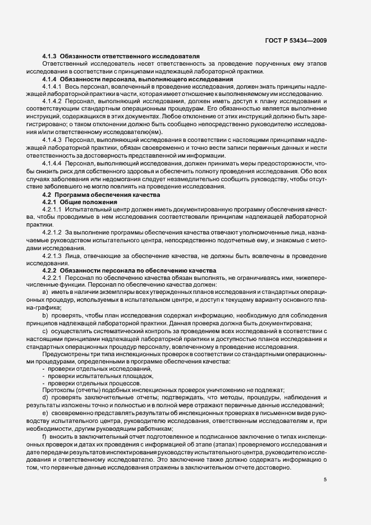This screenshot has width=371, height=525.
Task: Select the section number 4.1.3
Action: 49,57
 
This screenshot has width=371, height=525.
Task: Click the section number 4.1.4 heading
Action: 49,79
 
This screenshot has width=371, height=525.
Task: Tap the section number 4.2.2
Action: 49,270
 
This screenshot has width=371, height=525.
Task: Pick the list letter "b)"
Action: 45,315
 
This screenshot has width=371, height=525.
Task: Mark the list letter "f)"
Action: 44,436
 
